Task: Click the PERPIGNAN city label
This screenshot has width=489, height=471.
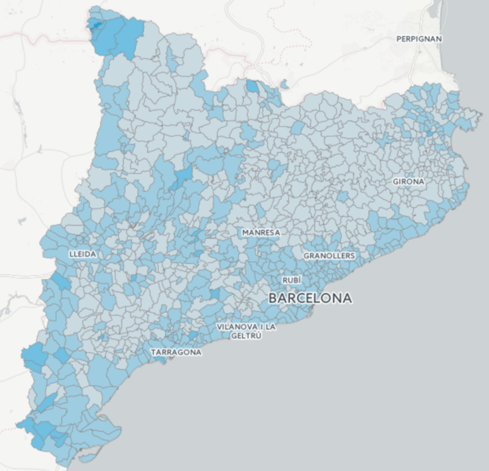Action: click(x=419, y=39)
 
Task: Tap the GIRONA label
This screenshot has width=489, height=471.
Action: click(x=408, y=181)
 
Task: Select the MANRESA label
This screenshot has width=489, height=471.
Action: click(x=261, y=232)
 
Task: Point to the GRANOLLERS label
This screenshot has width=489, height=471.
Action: click(x=329, y=255)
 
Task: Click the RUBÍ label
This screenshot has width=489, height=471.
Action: click(x=292, y=280)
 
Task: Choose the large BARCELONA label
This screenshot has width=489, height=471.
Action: click(x=310, y=298)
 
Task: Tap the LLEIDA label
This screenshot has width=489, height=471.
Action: click(x=83, y=254)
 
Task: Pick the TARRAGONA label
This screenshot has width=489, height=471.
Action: click(x=176, y=352)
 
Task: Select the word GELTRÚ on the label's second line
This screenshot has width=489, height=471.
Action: click(x=246, y=335)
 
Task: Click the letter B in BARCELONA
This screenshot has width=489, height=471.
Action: click(x=273, y=298)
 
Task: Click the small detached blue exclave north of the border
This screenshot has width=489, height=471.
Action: click(x=284, y=84)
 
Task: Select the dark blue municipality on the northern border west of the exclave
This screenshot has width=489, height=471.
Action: click(x=252, y=86)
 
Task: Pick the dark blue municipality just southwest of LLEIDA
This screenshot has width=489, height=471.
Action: click(x=61, y=282)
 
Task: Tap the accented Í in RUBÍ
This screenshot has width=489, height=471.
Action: click(x=299, y=280)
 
